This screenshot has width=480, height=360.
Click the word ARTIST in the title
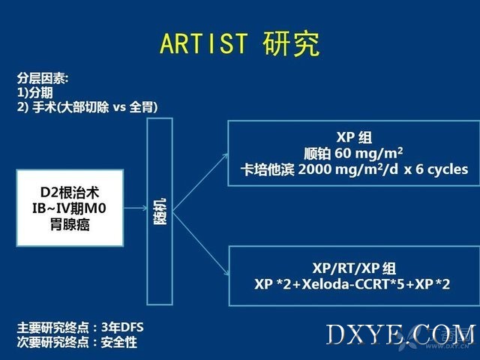coord(203,43)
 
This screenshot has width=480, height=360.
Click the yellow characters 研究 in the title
coord(291,43)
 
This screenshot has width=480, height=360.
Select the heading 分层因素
coord(41,78)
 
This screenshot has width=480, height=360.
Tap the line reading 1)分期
coord(35,93)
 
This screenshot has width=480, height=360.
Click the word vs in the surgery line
coord(119,108)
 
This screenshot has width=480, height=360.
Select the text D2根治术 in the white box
coord(70,193)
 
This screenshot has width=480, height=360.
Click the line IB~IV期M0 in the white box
coord(70,208)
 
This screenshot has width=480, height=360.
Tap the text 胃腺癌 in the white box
coord(70,225)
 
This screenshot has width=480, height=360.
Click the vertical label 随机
coord(160,211)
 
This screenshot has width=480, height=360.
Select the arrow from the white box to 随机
coord(136,208)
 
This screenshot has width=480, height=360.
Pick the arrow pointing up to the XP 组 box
coord(200,182)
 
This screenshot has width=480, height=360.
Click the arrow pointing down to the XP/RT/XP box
coord(201,243)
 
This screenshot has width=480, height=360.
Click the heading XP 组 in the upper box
coord(354,137)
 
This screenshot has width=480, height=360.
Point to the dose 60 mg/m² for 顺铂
coord(368,153)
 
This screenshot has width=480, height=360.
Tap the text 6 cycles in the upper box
coord(442,169)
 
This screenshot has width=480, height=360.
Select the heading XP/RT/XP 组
coord(354,268)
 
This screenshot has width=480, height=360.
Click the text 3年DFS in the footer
coord(122,328)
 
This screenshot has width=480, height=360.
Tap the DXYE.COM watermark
coord(401,334)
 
